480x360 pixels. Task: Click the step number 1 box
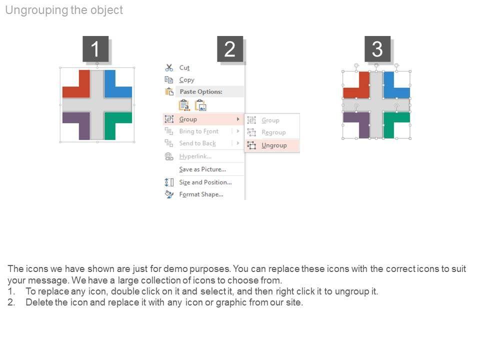(95, 48)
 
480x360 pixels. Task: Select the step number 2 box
(230, 48)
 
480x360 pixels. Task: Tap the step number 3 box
(377, 48)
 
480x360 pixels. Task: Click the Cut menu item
(184, 67)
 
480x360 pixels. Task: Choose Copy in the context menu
(186, 80)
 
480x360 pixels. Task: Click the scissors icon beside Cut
(169, 67)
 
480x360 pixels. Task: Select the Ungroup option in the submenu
(274, 145)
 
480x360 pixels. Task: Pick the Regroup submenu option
(273, 132)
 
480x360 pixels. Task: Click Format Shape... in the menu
(201, 194)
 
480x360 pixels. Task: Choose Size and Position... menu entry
(205, 182)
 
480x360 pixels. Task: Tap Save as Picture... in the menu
(202, 169)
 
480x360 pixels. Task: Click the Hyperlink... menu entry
(195, 156)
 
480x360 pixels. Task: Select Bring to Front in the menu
(198, 131)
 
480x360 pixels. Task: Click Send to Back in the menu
(197, 143)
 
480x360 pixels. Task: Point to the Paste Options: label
(201, 91)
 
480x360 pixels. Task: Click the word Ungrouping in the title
(36, 10)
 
